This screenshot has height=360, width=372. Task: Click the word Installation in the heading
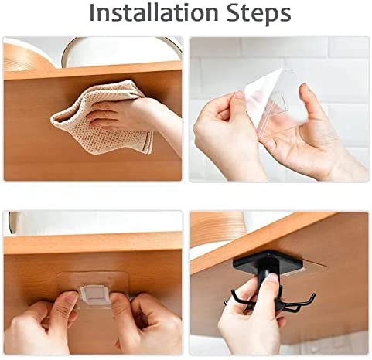pyautogui.click(x=154, y=12)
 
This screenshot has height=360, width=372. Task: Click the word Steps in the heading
pyautogui.click(x=259, y=14)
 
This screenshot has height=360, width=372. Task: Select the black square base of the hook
pyautogui.click(x=268, y=262)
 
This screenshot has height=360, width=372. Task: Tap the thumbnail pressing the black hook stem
pyautogui.click(x=271, y=277)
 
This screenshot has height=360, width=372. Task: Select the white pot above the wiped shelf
pyautogui.click(x=121, y=52)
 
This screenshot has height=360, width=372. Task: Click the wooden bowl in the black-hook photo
pyautogui.click(x=217, y=229)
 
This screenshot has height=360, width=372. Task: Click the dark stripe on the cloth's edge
pyautogui.click(x=148, y=143)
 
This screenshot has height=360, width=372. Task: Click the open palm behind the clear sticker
pyautogui.click(x=304, y=144)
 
